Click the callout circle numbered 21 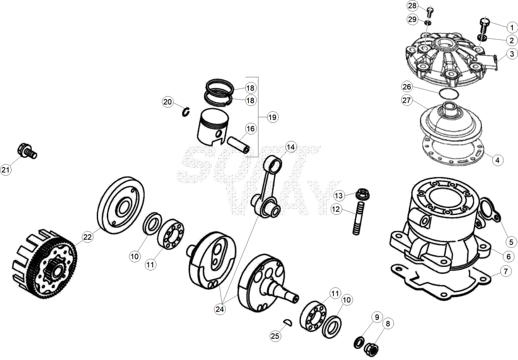5,170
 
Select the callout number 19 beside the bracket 272,117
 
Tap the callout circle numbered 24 220,309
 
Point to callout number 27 407,100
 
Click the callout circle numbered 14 291,147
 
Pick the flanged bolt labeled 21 27,151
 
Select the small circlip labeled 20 186,112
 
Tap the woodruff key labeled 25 287,323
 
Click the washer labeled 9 359,342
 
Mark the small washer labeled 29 428,22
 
